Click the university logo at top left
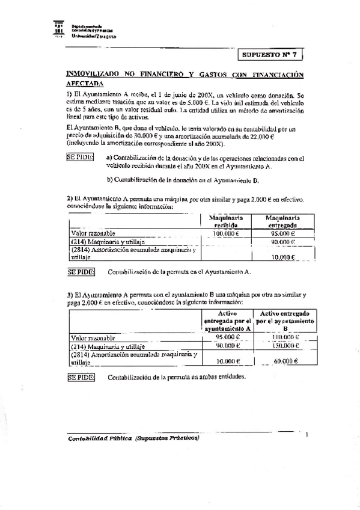(58, 29)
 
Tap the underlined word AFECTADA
(84, 84)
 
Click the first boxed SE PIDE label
(79, 157)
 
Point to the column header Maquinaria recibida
(225, 221)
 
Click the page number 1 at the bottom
(307, 434)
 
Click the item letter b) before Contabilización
(109, 179)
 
